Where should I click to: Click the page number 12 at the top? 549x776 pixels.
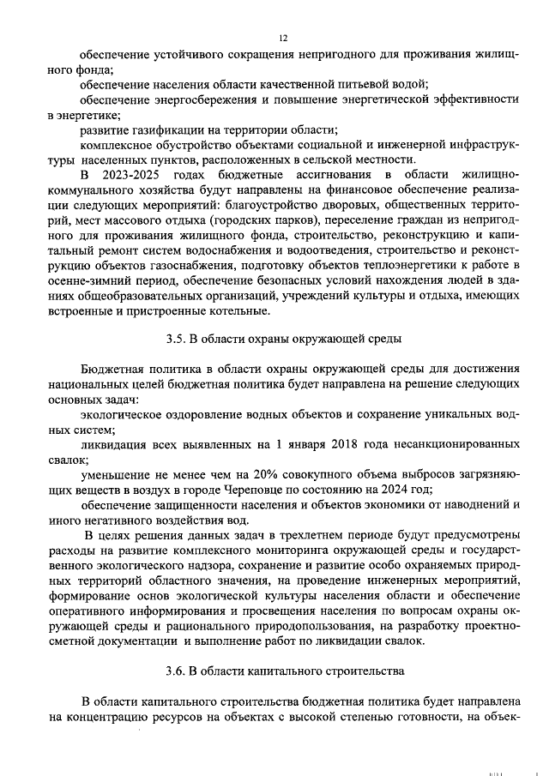coord(282,39)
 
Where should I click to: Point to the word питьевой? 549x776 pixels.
coord(371,84)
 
